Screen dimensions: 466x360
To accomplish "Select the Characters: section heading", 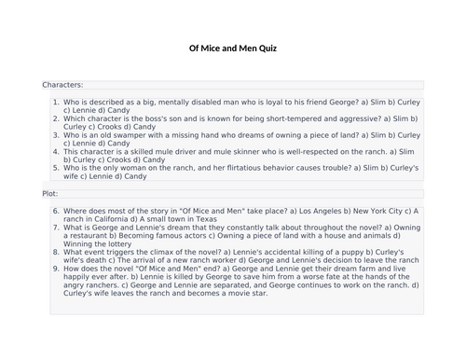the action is [62, 85].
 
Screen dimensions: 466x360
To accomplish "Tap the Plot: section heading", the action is [50, 194].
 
